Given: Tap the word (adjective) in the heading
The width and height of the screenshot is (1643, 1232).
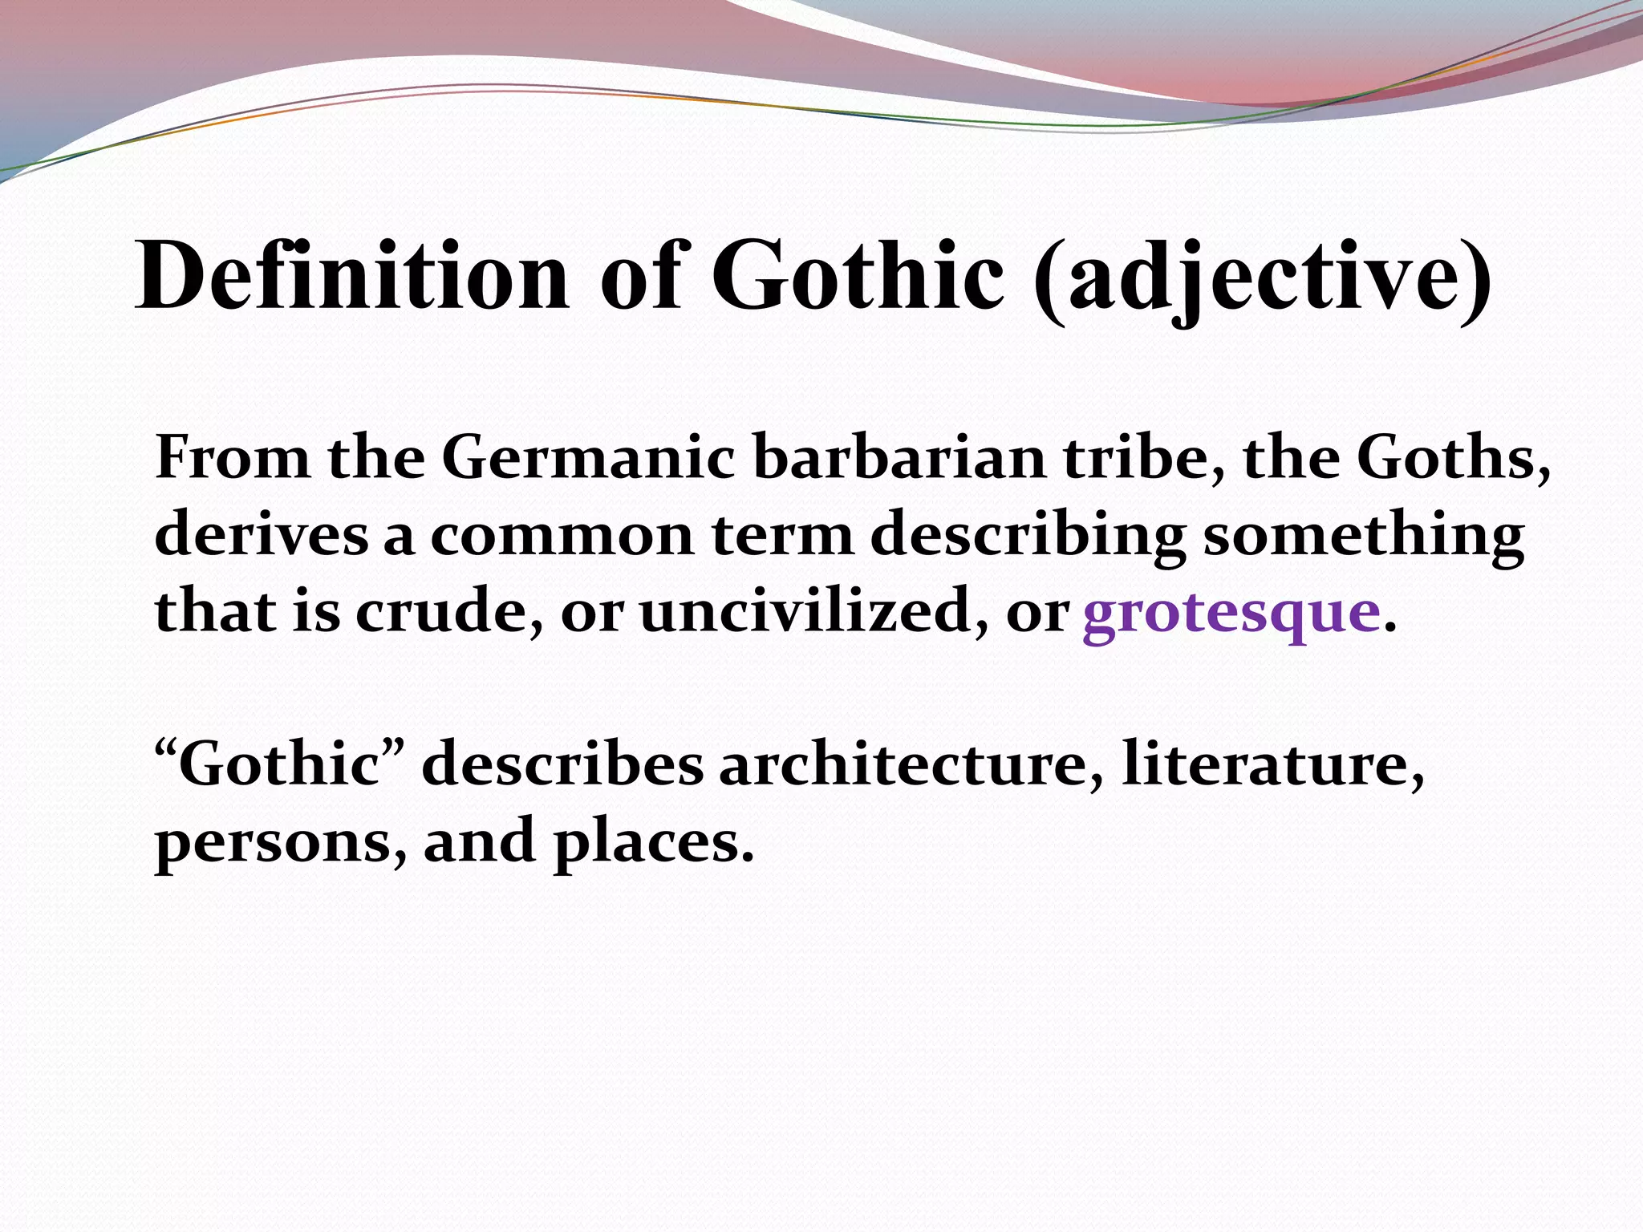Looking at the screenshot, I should click(x=1263, y=278).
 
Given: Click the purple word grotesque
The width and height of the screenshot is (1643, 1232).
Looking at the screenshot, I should click(x=1231, y=613).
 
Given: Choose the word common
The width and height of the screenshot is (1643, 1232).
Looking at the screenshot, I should click(x=562, y=536).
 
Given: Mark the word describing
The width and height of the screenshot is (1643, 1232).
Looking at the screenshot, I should click(x=1028, y=536).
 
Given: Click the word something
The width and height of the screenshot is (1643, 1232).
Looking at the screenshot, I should click(x=1363, y=536).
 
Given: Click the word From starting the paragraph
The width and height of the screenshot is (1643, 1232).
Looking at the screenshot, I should click(x=233, y=459).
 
